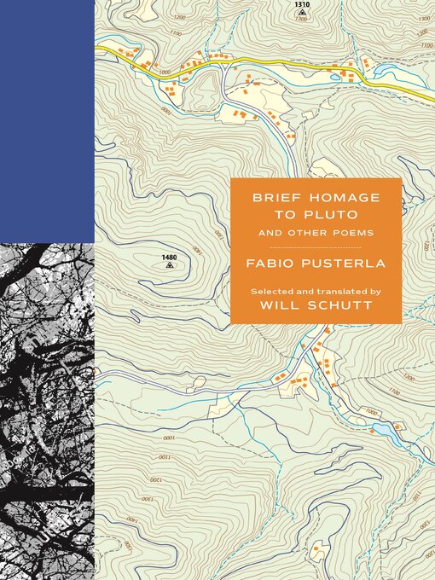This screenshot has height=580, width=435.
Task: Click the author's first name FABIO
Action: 272,264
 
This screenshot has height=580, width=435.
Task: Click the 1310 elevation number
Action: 301,4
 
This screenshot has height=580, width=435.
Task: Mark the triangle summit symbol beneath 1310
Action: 302,13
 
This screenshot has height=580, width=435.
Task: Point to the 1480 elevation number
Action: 169,257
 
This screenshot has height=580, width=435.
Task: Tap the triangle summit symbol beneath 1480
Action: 169,265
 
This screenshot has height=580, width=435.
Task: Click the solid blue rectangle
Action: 47,119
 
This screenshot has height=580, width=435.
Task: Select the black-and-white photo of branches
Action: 47,409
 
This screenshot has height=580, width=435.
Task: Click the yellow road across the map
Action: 256,70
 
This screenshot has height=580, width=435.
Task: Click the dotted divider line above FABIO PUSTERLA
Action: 315,246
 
